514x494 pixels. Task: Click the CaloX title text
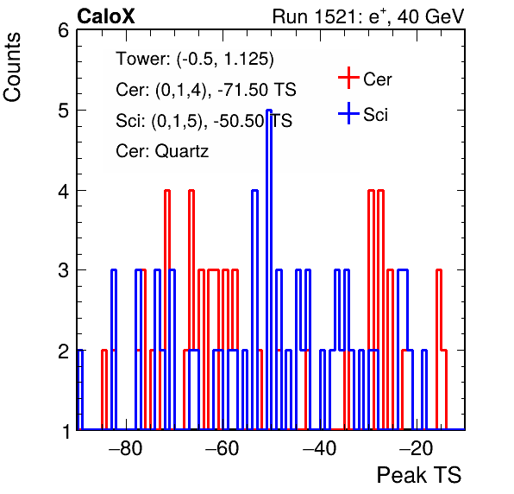point(106,16)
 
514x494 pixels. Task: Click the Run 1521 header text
point(368,16)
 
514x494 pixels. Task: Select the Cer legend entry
point(365,79)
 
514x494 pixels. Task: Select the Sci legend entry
point(363,114)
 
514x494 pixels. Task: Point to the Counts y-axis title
point(12,67)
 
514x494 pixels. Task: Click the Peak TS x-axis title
point(419,475)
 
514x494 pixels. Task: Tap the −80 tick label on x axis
point(126,448)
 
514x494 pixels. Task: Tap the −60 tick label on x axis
point(222,448)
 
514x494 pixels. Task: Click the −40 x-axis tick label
point(319,448)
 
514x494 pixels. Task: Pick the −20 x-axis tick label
point(416,448)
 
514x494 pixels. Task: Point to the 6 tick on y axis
point(64,31)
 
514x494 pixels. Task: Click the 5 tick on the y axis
point(64,111)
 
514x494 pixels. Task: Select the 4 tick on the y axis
point(64,191)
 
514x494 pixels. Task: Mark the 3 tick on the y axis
point(64,271)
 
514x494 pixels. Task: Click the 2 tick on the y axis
point(64,351)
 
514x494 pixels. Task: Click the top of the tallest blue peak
point(269,111)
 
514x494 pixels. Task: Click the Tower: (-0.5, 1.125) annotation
point(195,59)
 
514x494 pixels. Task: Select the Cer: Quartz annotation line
point(162,151)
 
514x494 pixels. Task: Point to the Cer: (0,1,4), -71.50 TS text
point(206,89)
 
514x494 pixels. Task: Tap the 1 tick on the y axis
point(65,431)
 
